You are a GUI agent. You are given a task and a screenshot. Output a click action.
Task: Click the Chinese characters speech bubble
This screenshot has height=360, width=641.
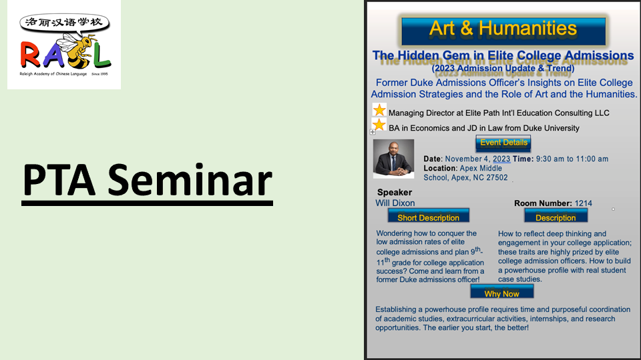[x=65, y=23]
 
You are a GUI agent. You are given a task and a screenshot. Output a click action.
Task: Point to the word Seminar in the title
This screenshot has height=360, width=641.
[x=190, y=180]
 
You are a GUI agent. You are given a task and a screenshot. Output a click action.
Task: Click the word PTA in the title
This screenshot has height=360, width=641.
[x=59, y=180]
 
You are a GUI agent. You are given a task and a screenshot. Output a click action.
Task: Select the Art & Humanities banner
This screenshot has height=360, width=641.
[x=503, y=31]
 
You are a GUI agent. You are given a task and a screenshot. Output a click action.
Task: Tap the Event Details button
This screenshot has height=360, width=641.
[x=503, y=143]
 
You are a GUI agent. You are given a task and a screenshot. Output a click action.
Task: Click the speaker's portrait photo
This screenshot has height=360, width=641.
[x=393, y=159]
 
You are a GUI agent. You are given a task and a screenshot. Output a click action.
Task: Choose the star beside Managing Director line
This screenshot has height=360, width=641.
[x=379, y=110]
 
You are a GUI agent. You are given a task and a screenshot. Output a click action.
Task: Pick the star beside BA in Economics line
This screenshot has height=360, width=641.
[x=379, y=125]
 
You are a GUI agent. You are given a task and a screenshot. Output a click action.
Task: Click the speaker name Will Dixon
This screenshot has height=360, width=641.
[x=395, y=203]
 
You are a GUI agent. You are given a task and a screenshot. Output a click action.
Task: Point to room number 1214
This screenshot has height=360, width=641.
[x=584, y=203]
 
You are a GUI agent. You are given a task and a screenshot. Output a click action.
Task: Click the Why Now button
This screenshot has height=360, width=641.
[x=502, y=292]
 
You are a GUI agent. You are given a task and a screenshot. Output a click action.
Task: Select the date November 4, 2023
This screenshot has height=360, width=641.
[x=477, y=159]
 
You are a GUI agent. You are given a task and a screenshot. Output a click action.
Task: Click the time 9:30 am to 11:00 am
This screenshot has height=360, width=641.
[x=572, y=159]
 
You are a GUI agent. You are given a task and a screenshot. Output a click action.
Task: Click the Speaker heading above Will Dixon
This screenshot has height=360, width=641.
[x=395, y=192]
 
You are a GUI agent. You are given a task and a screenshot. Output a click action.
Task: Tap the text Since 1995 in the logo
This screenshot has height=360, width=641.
[x=99, y=74]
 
